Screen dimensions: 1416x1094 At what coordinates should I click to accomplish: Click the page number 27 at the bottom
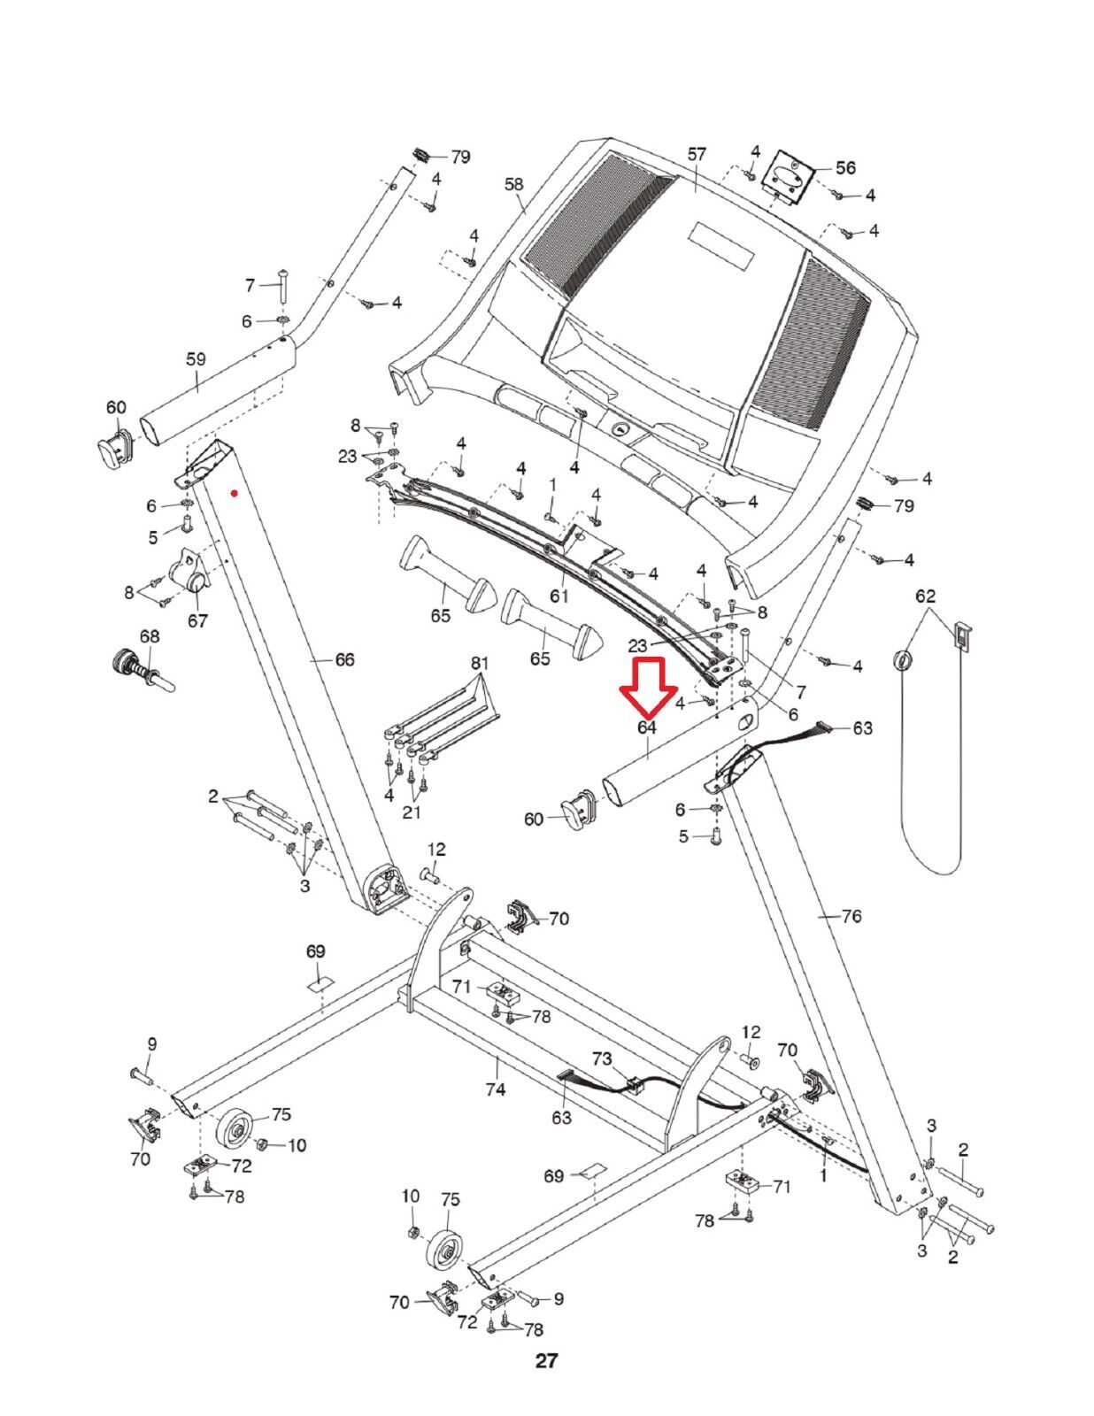(x=546, y=1361)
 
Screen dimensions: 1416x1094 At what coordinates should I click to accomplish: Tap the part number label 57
(x=697, y=154)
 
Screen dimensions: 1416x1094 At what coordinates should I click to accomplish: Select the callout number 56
(x=845, y=167)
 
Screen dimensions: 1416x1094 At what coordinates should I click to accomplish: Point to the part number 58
(x=513, y=184)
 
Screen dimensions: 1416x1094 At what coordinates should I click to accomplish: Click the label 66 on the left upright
(x=344, y=659)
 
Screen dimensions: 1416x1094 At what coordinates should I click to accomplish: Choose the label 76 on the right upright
(x=851, y=916)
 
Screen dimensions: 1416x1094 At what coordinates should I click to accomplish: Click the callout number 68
(x=150, y=636)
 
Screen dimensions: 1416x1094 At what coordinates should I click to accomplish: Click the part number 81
(x=479, y=663)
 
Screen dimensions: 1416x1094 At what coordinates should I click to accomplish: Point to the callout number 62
(x=925, y=596)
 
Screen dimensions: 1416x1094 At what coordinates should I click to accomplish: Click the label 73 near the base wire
(x=602, y=1058)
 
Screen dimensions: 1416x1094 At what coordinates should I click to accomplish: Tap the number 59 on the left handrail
(x=196, y=359)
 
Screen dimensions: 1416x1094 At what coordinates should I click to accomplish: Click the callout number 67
(x=197, y=620)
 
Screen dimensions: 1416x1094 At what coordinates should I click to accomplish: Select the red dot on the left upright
(x=234, y=493)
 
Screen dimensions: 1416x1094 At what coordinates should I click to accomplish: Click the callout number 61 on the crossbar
(x=559, y=596)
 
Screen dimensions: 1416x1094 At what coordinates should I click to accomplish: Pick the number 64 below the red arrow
(x=647, y=727)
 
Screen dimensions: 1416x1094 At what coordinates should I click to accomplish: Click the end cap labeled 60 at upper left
(x=113, y=448)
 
